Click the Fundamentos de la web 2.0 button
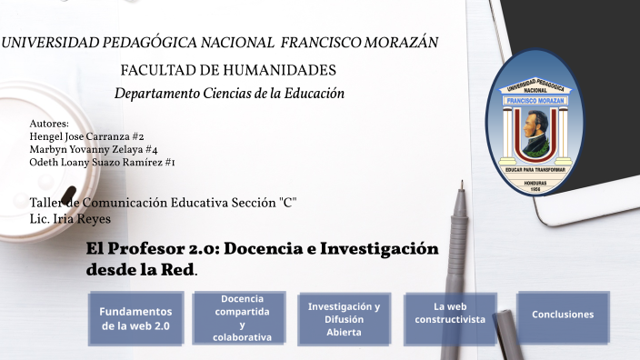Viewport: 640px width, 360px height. (135, 318)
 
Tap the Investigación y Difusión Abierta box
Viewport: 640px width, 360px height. (344, 319)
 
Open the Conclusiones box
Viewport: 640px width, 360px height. (563, 315)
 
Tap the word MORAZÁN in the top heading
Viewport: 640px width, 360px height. (404, 43)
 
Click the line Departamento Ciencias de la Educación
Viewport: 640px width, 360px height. (229, 94)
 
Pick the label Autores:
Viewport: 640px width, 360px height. (49, 124)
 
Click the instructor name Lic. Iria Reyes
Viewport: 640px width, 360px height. (70, 219)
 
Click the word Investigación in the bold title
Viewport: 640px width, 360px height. (380, 249)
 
